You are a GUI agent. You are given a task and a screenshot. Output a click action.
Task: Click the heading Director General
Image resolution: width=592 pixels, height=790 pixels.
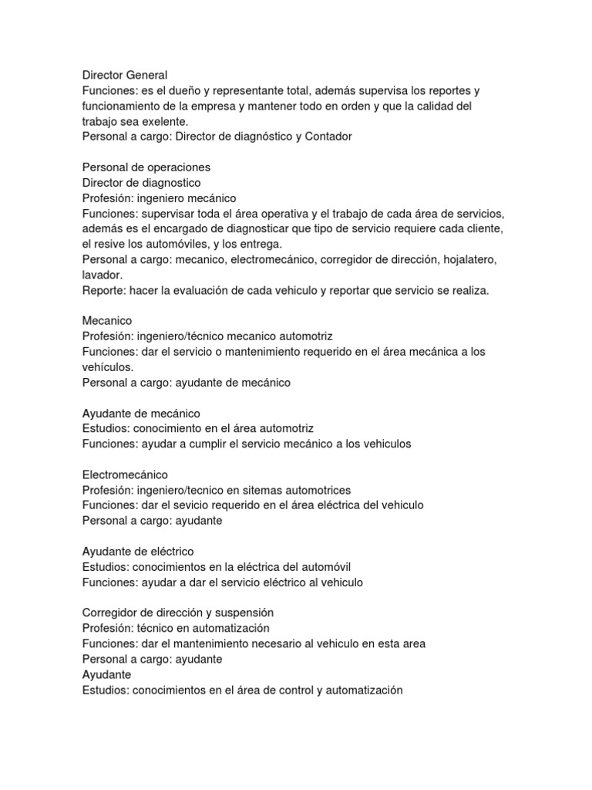point(124,75)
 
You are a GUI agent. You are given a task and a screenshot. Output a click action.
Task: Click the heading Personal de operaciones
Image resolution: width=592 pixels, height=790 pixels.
point(146,167)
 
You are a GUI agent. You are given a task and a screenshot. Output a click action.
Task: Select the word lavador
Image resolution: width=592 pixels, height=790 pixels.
point(102,275)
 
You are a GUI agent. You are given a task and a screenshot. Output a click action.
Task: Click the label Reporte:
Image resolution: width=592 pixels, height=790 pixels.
point(104,290)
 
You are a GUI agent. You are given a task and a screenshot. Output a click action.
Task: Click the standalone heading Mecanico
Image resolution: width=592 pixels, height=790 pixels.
point(107,320)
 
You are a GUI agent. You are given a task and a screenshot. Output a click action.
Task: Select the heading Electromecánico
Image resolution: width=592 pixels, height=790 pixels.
point(125,474)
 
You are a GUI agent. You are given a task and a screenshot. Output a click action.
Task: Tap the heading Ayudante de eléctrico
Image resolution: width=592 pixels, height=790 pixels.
point(138,551)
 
